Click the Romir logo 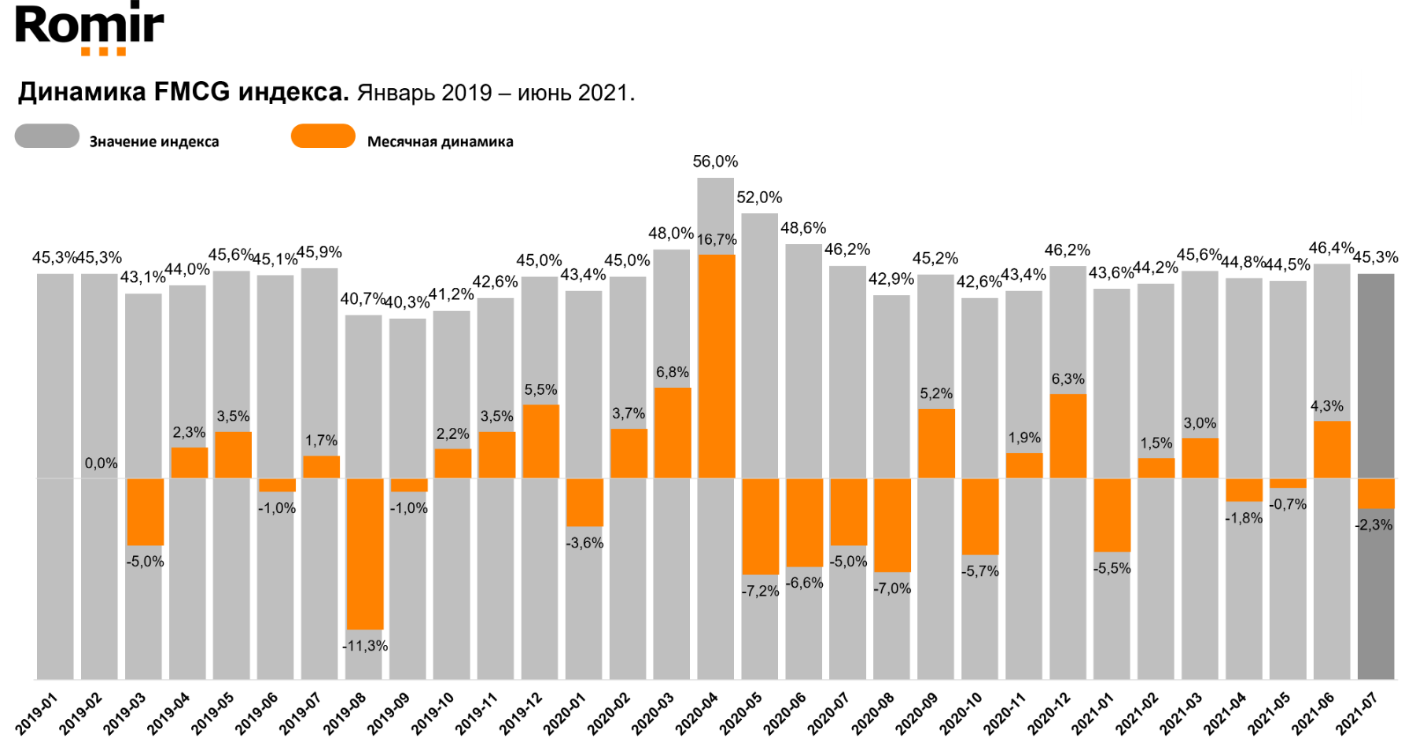pos(90,28)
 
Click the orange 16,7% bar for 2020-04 pos(716,366)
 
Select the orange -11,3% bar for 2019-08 pos(365,553)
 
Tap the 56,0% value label pos(715,161)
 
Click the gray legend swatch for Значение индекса pos(47,136)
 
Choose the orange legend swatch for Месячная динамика pos(323,136)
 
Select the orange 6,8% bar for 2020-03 pos(673,433)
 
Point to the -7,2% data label pos(760,591)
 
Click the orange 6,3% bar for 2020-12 pos(1068,436)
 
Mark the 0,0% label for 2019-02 pos(101,463)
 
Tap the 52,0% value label pos(759,197)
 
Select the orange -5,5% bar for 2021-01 pos(1112,515)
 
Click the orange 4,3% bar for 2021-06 pos(1332,449)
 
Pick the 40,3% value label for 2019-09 pos(407,302)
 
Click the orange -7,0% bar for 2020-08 pos(892,525)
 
